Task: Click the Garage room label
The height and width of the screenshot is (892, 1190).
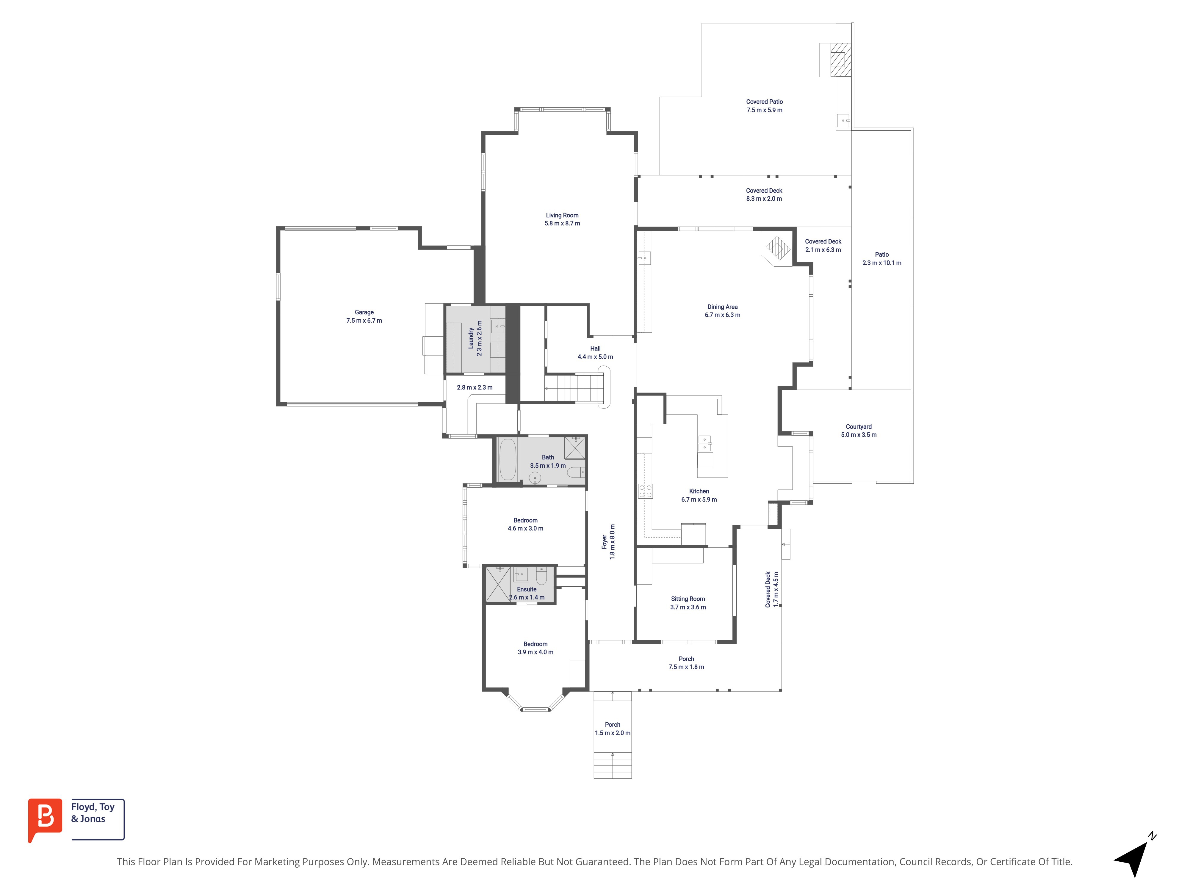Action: pos(364,312)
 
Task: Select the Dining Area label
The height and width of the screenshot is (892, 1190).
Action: pos(723,307)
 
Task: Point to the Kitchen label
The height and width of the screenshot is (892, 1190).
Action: pos(699,491)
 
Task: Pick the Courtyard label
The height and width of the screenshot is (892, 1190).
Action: pos(859,427)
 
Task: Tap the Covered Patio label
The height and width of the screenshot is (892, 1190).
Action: pos(765,102)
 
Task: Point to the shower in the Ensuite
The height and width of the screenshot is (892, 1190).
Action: pos(498,585)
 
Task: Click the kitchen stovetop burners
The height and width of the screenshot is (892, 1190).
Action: pos(645,491)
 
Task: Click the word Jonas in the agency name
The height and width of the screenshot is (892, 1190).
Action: pos(93,819)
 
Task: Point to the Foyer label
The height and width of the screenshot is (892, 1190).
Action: pos(604,542)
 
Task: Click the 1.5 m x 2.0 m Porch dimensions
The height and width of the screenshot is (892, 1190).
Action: pos(613,733)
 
